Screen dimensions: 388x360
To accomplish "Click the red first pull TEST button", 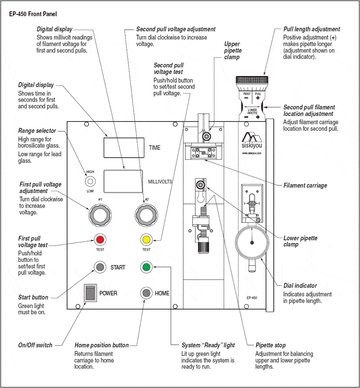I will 100,239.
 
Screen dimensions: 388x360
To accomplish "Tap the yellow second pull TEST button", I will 146,239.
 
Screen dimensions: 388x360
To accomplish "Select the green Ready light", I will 146,267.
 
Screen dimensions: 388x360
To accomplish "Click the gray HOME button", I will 146,293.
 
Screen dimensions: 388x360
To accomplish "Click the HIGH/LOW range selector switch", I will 90,181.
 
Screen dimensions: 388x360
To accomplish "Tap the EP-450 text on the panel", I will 252,298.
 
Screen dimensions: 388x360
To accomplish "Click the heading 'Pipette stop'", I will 270,345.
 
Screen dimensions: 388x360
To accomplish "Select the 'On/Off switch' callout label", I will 35,345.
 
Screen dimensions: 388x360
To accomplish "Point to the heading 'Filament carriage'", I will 305,185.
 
